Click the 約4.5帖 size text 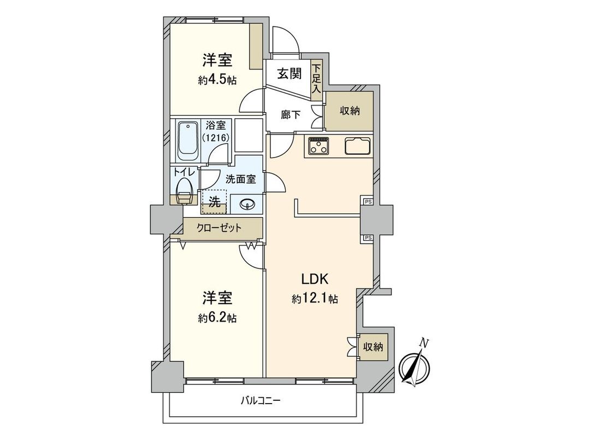[217, 80]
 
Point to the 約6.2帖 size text [217, 318]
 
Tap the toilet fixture [185, 189]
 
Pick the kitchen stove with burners [318, 146]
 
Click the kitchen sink [358, 146]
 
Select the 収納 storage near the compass [374, 346]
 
